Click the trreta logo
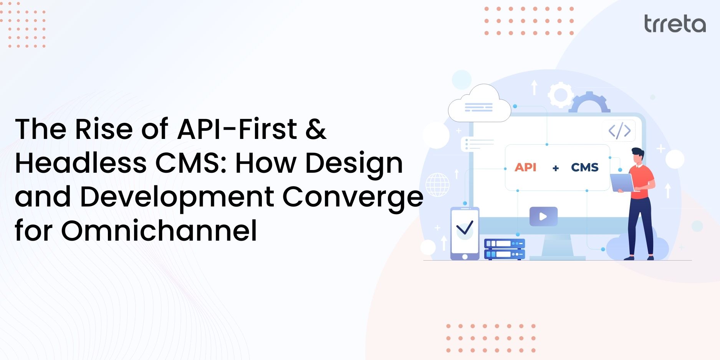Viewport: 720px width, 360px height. click(675, 24)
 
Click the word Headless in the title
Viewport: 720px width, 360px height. click(81, 163)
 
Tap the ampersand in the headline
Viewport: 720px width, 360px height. click(316, 129)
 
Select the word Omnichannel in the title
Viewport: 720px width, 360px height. click(159, 231)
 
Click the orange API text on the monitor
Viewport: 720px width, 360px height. click(525, 167)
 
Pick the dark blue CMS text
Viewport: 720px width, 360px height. click(584, 167)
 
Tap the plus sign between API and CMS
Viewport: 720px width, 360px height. click(555, 168)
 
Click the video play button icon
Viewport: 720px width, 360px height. click(543, 216)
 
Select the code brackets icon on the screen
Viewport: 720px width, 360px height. click(619, 130)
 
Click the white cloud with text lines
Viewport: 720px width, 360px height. click(479, 104)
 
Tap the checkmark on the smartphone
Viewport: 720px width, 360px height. click(465, 228)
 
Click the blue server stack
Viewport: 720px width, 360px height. click(504, 249)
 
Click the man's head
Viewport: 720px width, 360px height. click(638, 155)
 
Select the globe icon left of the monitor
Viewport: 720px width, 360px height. click(437, 185)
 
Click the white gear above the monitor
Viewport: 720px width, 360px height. click(560, 94)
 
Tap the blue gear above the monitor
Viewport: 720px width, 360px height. click(589, 103)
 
